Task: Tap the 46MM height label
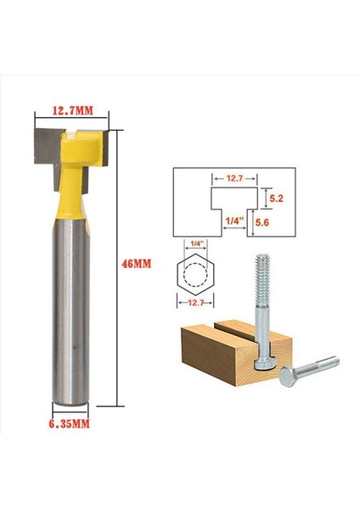coord(138,264)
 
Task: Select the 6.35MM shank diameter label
coord(69,421)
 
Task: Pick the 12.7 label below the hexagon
coord(197,301)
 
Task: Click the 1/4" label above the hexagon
coord(197,244)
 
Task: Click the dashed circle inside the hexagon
coord(197,273)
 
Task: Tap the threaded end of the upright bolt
coord(261,276)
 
